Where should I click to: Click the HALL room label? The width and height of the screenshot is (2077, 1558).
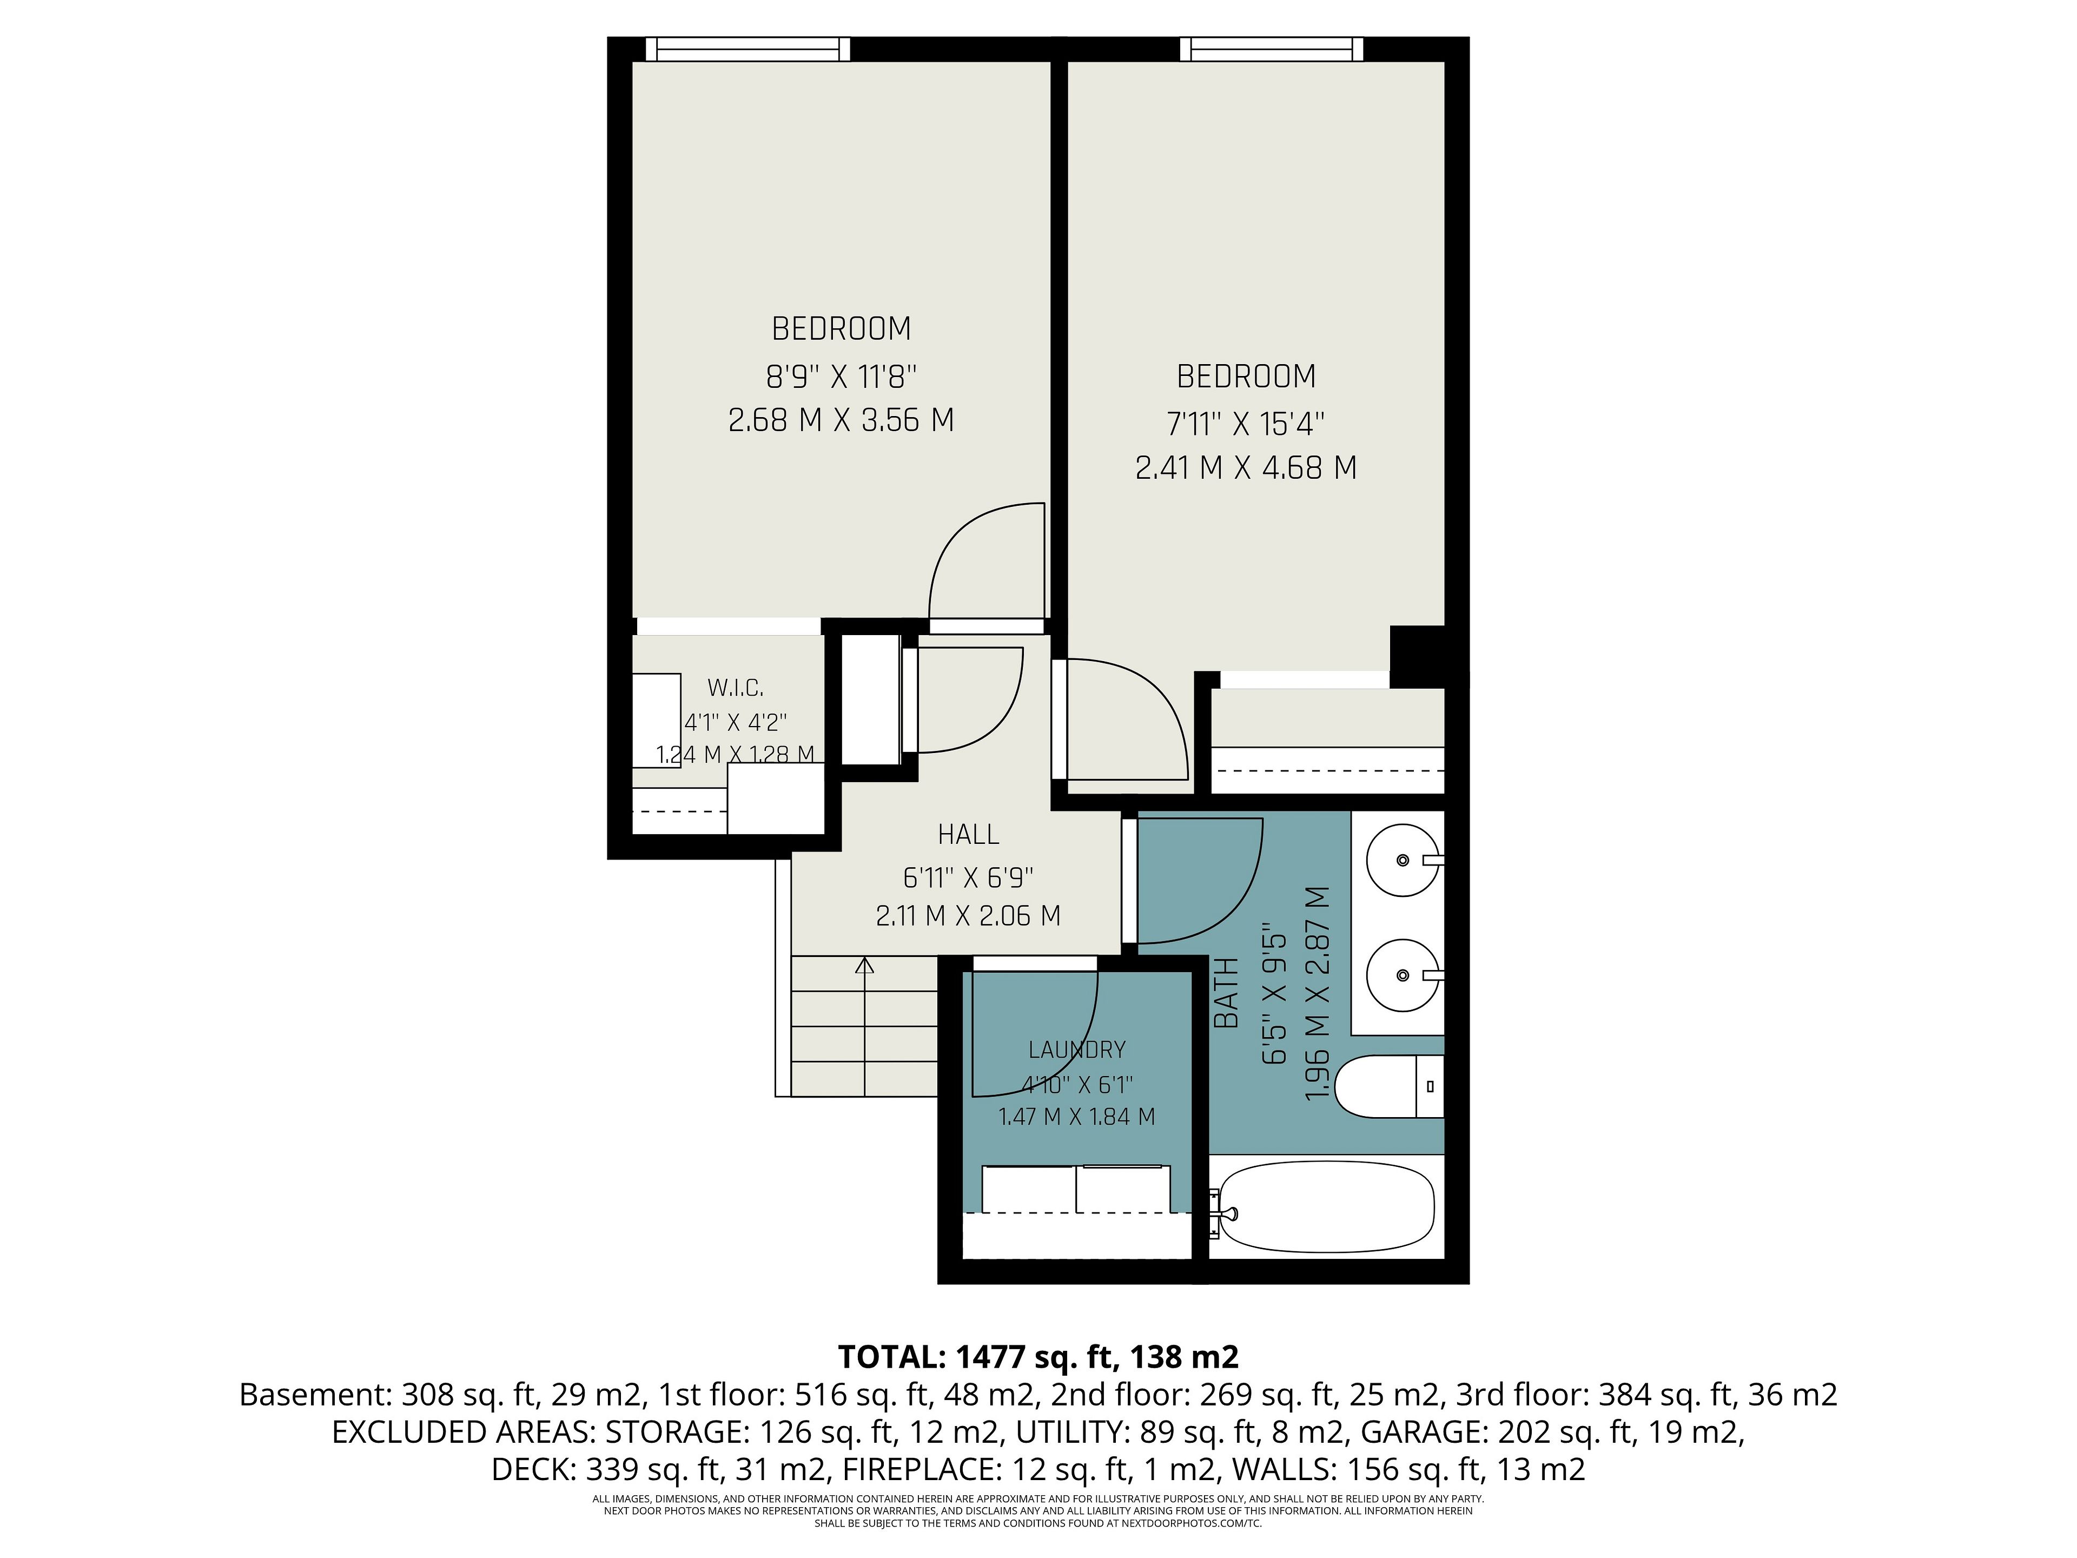tap(968, 834)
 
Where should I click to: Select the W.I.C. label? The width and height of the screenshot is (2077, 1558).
tap(735, 688)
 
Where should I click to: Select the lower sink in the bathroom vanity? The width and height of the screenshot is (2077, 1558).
tap(1403, 976)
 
